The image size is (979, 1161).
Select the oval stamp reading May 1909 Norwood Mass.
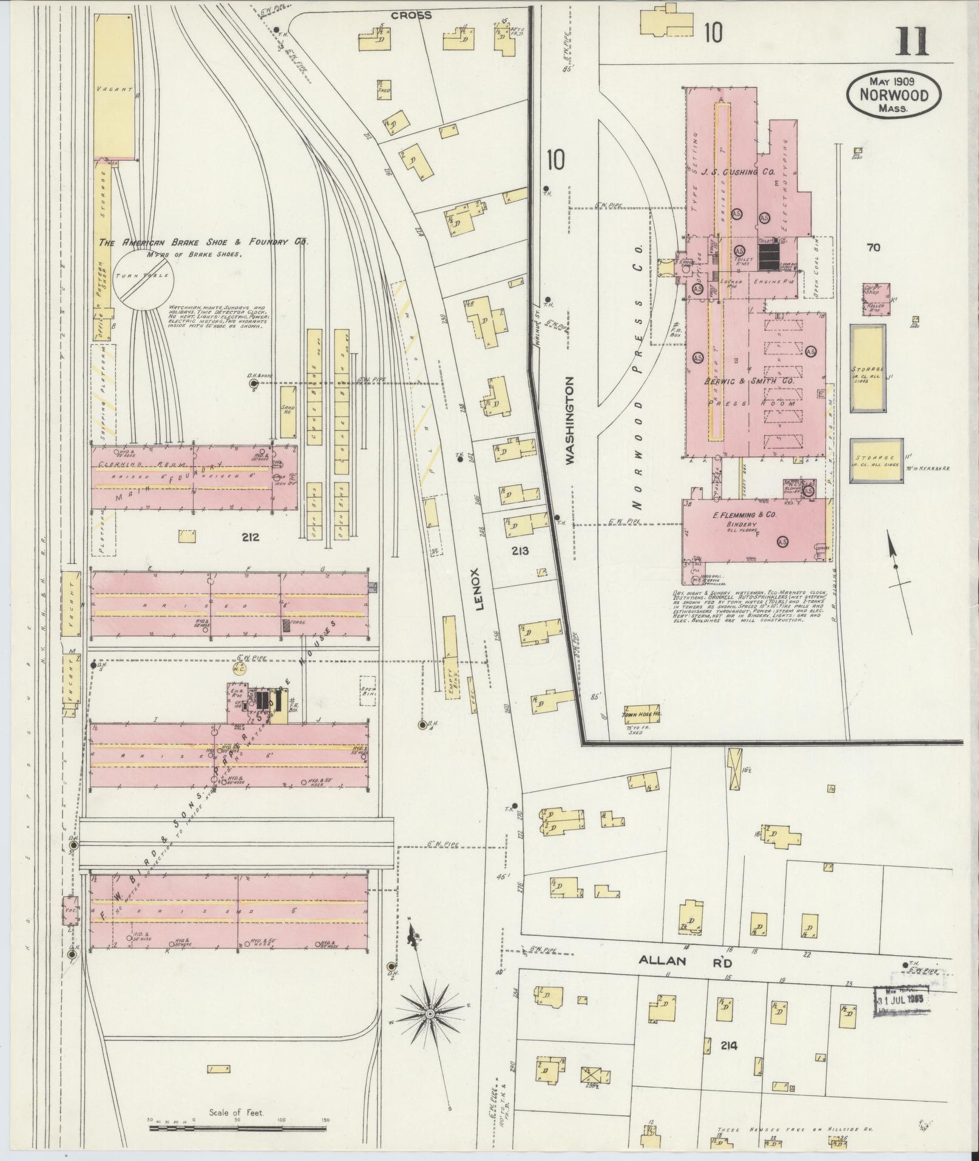click(894, 95)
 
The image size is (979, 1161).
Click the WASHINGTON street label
click(570, 421)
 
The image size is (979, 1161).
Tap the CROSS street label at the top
click(411, 15)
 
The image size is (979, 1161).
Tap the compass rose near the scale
click(429, 1013)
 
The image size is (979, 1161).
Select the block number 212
click(249, 536)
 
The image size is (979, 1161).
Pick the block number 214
click(729, 1045)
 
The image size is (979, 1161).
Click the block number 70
click(873, 247)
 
